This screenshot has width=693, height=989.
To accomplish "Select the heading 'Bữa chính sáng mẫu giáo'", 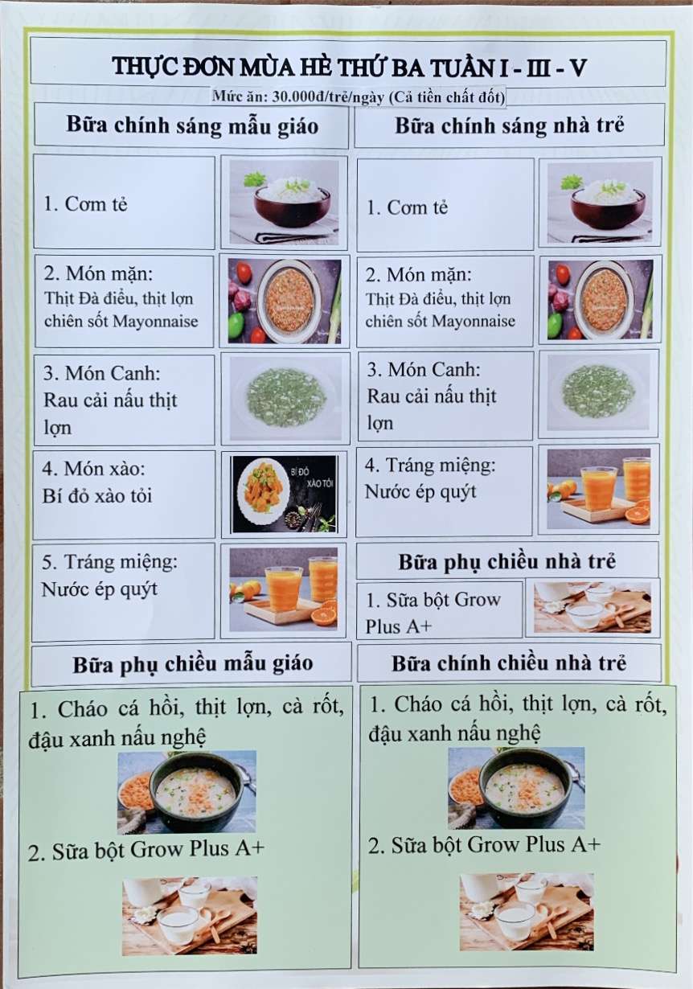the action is [192, 125].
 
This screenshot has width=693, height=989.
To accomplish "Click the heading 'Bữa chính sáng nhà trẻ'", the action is [510, 125].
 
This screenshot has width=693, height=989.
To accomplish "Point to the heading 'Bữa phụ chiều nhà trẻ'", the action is [507, 562].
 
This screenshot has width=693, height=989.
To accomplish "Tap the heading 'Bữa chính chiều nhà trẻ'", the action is [509, 663].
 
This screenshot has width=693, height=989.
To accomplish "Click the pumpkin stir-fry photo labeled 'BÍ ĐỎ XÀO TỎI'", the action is [285, 494].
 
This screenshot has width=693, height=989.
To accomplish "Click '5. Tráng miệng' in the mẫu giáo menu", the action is [109, 562].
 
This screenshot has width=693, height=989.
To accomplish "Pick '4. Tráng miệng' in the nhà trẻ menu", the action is [430, 466].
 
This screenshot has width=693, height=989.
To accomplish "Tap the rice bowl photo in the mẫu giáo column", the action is [285, 202].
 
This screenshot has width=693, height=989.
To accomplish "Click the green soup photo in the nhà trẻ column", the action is [599, 392].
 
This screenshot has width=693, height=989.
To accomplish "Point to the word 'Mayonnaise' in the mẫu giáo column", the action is [155, 321].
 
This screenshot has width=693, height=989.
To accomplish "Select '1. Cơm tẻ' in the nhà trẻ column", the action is [407, 207].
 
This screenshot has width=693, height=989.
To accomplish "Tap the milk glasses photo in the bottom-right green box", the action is [526, 912].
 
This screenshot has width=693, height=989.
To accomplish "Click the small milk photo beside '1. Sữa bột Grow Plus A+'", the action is [593, 608].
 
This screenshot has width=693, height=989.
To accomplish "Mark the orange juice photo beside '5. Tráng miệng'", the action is [283, 589].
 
